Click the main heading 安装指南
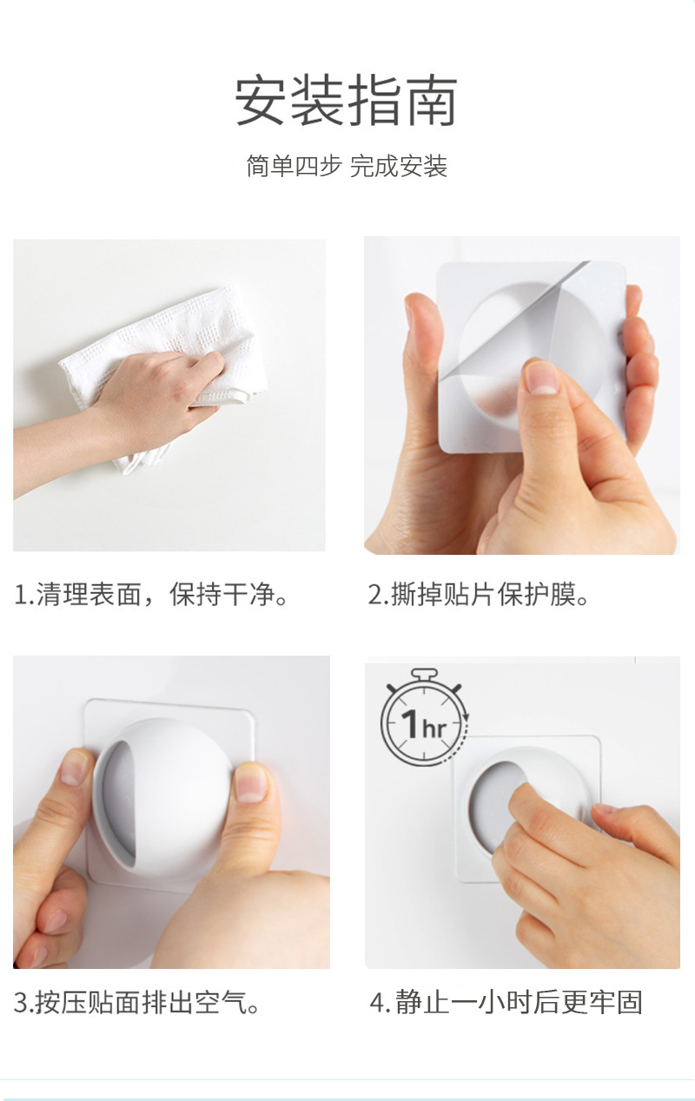[x=347, y=102]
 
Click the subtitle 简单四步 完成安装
[x=347, y=166]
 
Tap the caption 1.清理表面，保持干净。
[x=152, y=596]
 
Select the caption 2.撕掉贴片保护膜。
[x=479, y=596]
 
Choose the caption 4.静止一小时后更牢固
[x=506, y=1003]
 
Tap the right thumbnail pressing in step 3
[x=252, y=782]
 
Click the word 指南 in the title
[x=402, y=102]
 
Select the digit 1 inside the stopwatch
[x=410, y=723]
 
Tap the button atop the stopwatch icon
[x=424, y=674]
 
